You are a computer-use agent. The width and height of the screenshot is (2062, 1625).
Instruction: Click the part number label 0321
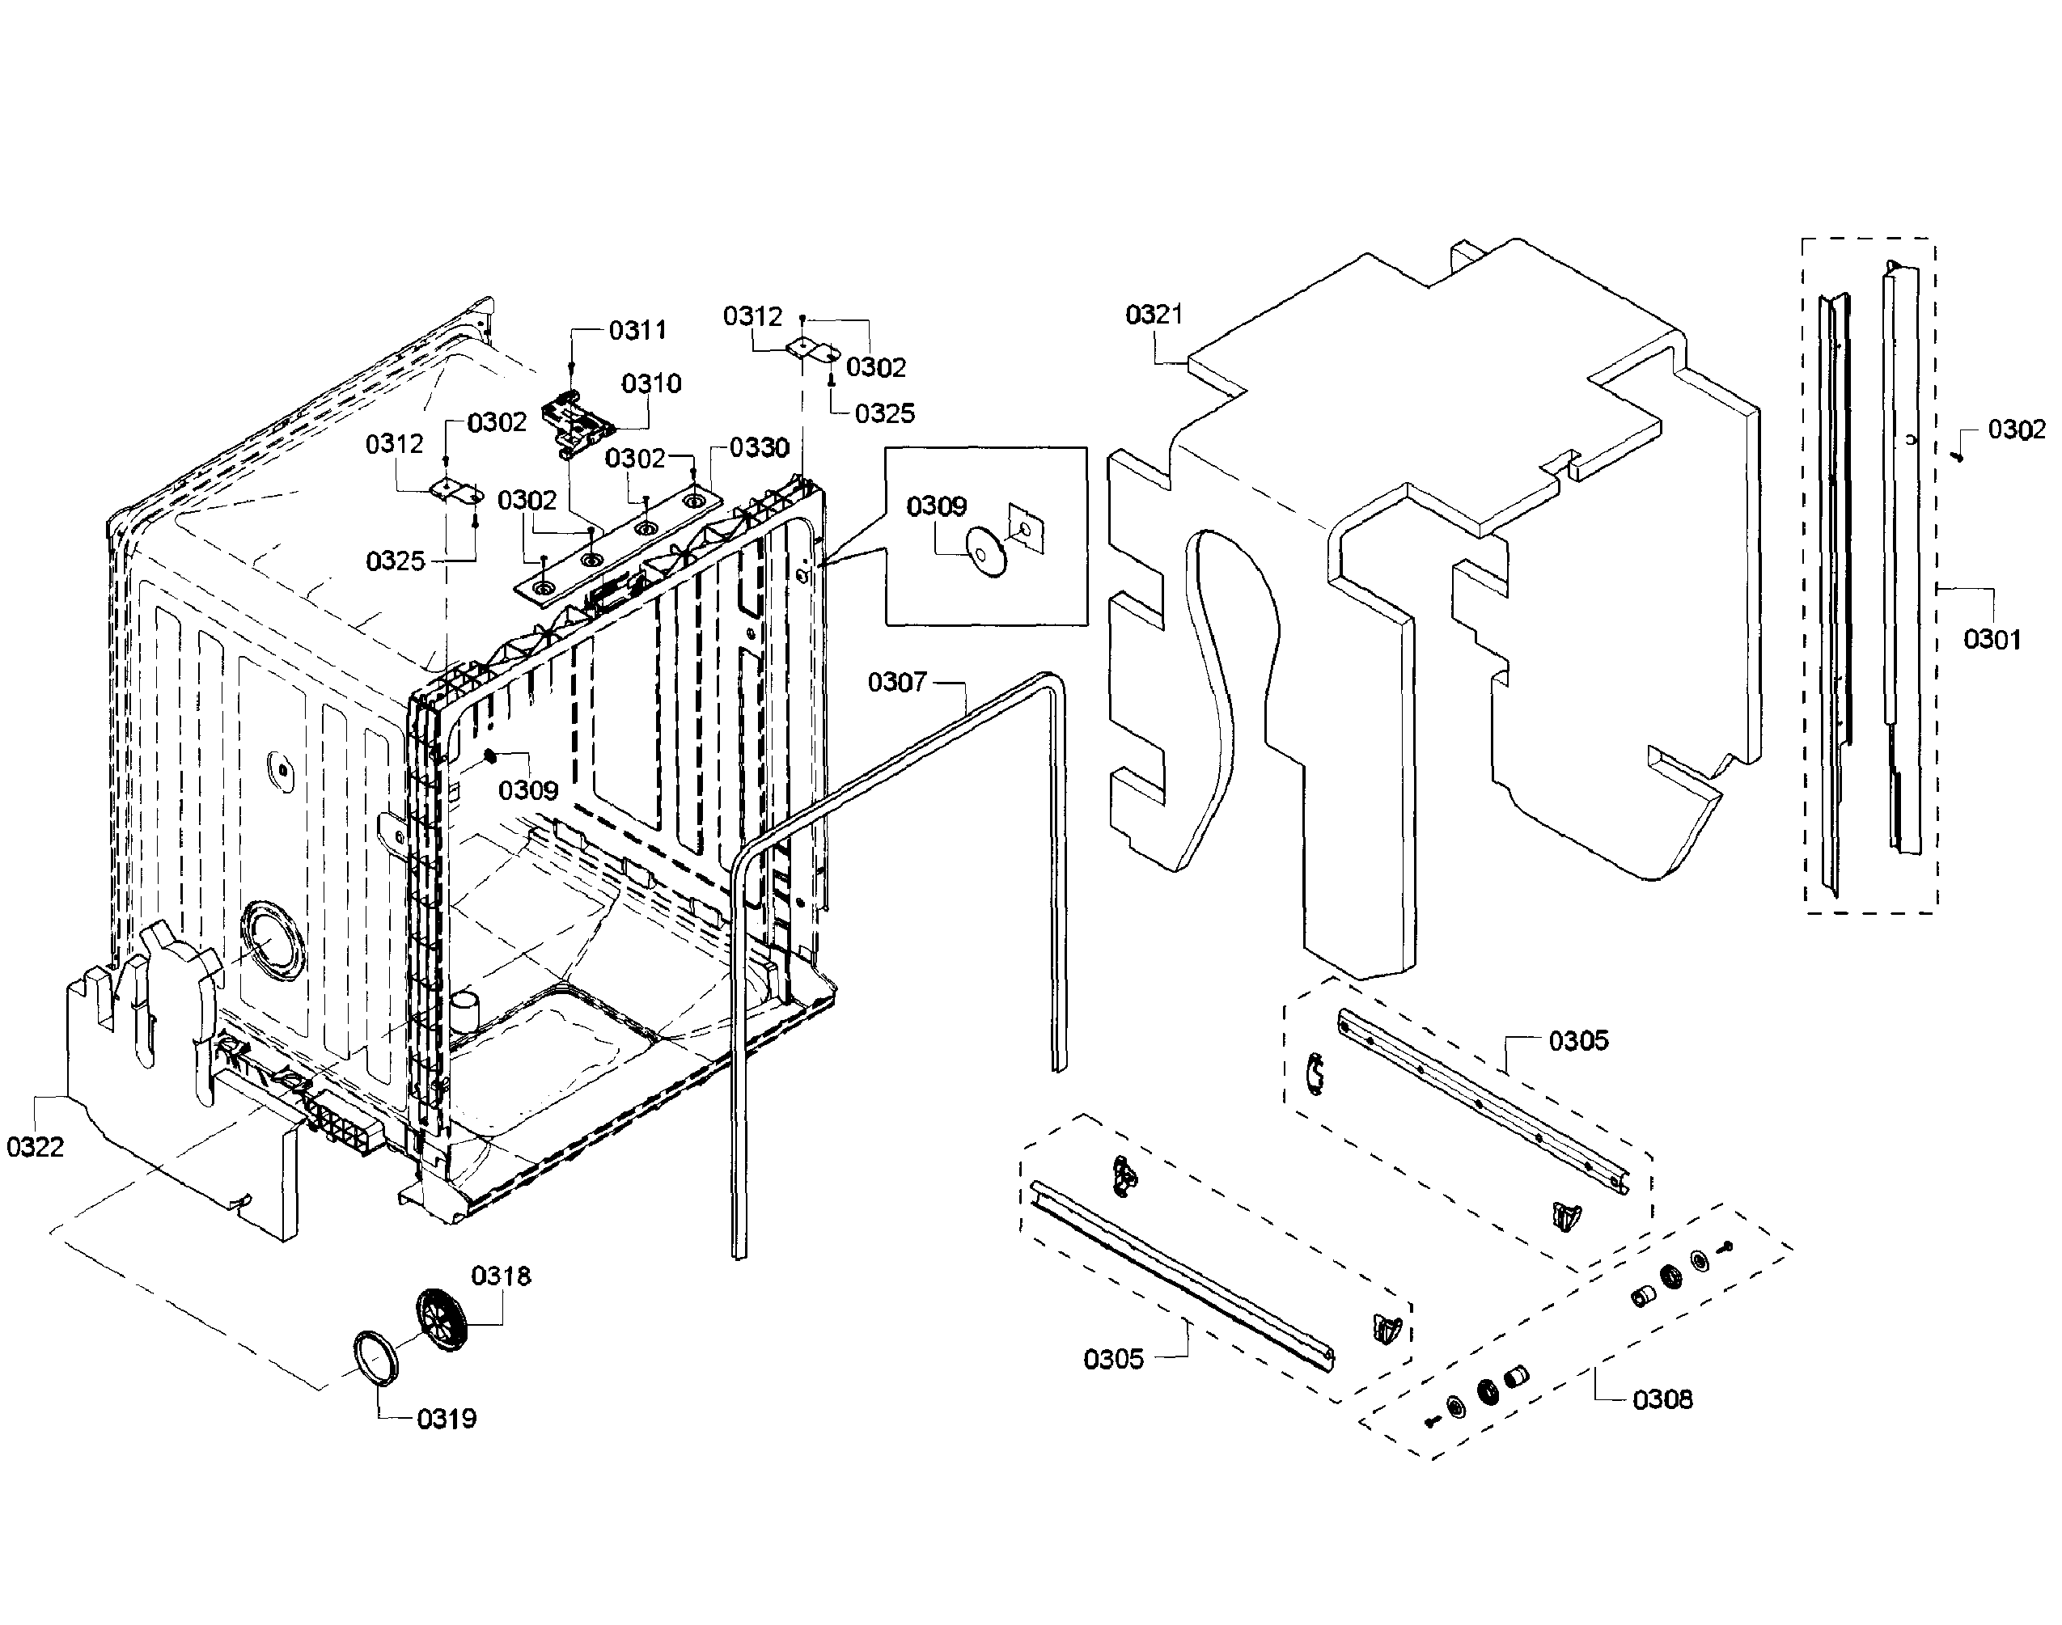tap(1154, 315)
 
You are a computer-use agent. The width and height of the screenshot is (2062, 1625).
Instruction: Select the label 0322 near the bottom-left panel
tap(36, 1148)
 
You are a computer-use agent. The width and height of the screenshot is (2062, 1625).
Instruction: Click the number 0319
tap(447, 1419)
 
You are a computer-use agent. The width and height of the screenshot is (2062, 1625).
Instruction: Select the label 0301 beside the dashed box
tap(1992, 639)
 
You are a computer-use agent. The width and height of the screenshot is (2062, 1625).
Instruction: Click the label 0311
tap(637, 331)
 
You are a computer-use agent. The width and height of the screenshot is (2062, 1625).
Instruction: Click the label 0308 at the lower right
tap(1662, 1399)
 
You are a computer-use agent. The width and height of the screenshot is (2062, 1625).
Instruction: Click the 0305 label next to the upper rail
tap(1578, 1041)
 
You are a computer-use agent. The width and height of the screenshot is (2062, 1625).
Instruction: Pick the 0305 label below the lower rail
tap(1113, 1359)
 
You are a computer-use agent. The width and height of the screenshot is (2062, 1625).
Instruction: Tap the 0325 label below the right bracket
tap(884, 414)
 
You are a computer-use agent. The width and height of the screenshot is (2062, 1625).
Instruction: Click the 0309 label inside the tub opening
tap(528, 790)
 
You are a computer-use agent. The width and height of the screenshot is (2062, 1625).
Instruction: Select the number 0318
tap(501, 1276)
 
